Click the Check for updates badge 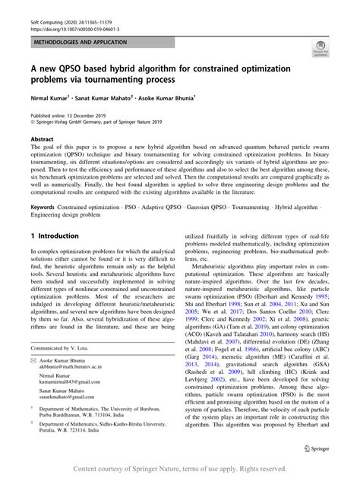[x=320, y=51]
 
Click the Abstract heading [x=42, y=141]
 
